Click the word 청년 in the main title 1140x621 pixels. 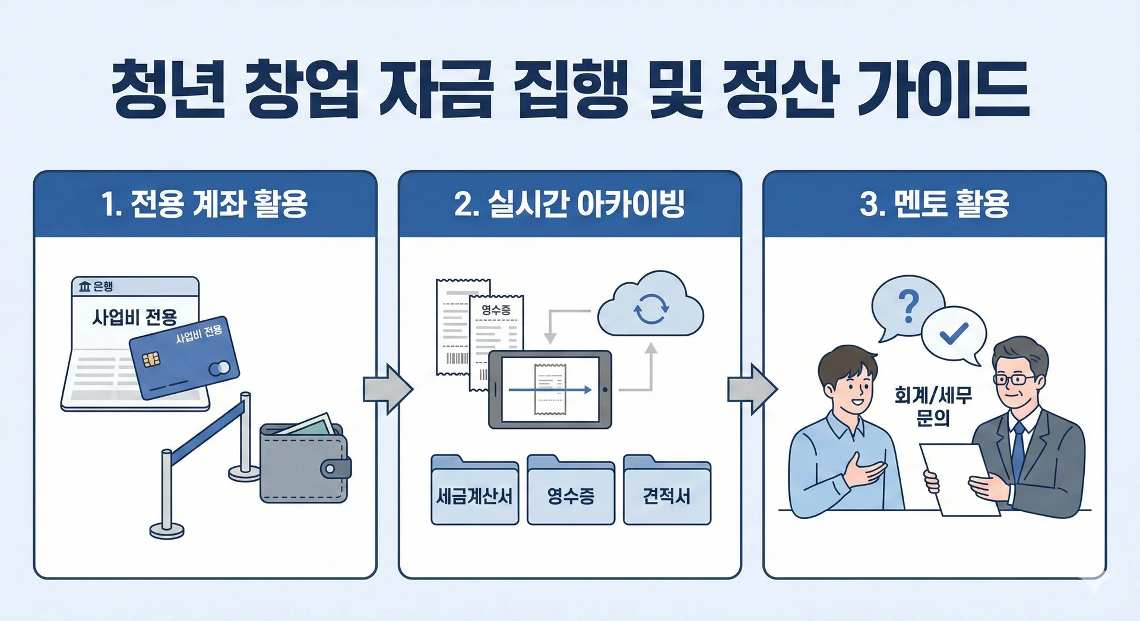click(x=169, y=89)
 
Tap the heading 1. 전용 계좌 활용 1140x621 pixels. click(x=204, y=204)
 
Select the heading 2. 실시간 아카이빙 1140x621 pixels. click(x=569, y=204)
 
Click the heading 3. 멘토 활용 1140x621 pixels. click(x=934, y=204)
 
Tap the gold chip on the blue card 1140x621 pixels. click(x=150, y=359)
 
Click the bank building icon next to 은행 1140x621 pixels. click(x=84, y=287)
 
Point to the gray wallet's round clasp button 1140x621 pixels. click(x=330, y=469)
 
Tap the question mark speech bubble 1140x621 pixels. click(x=908, y=306)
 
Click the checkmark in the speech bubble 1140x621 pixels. click(x=954, y=334)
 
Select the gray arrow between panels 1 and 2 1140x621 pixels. click(x=388, y=389)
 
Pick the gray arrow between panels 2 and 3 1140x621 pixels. click(x=752, y=389)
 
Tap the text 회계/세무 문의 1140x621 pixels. click(x=933, y=406)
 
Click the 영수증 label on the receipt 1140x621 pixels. click(x=496, y=310)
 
